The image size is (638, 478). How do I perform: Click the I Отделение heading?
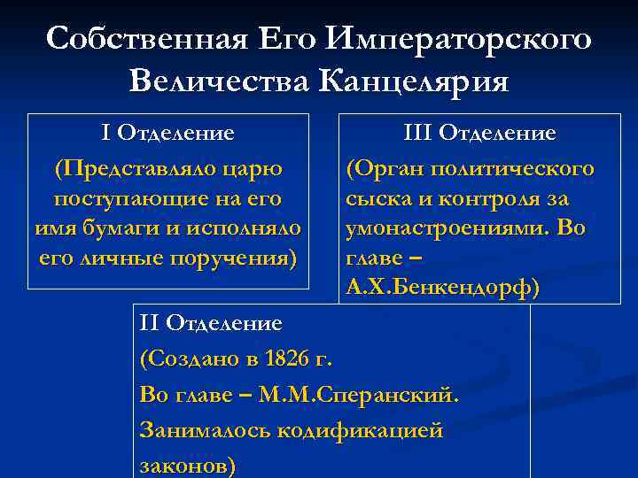coord(168,134)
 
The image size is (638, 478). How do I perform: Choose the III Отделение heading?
coord(479,134)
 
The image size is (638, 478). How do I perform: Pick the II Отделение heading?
coord(211,324)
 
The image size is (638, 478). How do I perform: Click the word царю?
coord(260,168)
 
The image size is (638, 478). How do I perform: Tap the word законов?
coord(185,466)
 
